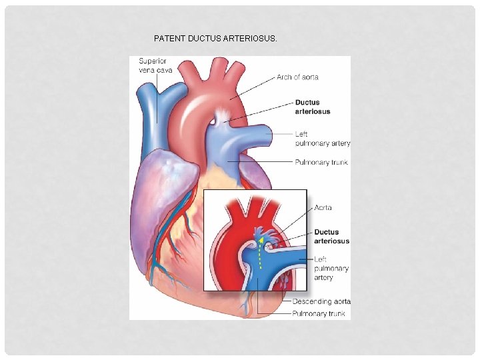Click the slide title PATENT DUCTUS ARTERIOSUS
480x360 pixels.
click(215, 39)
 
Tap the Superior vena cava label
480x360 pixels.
click(153, 65)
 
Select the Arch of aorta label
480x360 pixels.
click(297, 77)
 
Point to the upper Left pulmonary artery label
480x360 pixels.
click(322, 139)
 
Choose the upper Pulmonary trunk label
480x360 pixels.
click(321, 162)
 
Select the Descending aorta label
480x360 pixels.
click(321, 301)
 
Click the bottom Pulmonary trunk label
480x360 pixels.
click(319, 313)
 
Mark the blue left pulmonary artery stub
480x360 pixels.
click(263, 135)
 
